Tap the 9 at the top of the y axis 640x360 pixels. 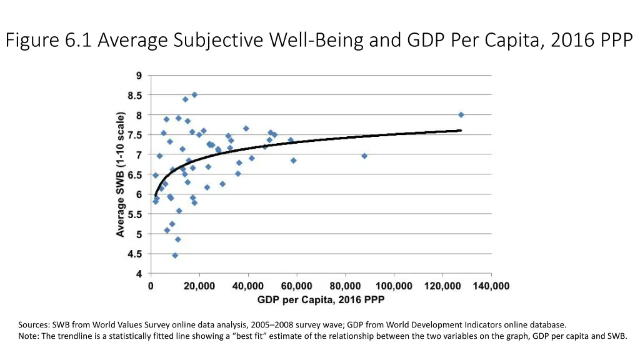point(139,76)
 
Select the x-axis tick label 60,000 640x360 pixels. point(296,286)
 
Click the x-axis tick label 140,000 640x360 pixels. point(491,286)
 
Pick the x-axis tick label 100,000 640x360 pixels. point(394,286)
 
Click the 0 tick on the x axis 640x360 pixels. point(151,286)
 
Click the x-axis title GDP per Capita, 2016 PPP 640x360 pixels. point(321,300)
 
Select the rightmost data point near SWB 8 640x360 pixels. point(461,114)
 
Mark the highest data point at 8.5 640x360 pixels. point(194,94)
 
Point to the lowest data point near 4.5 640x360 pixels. point(175,255)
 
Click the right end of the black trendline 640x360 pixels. point(461,130)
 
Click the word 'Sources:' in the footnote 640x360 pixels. point(34,325)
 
